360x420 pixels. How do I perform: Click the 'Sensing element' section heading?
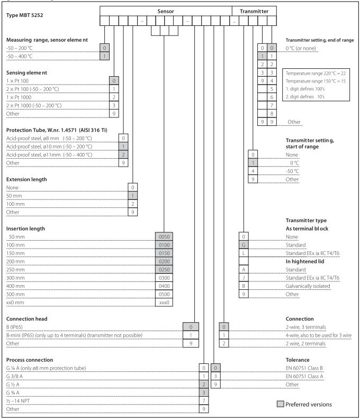[x=26, y=71]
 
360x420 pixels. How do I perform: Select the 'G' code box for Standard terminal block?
[x=244, y=246]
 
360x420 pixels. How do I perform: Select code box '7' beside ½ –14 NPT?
[x=204, y=401]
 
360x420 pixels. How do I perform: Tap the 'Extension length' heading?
[x=26, y=179]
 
